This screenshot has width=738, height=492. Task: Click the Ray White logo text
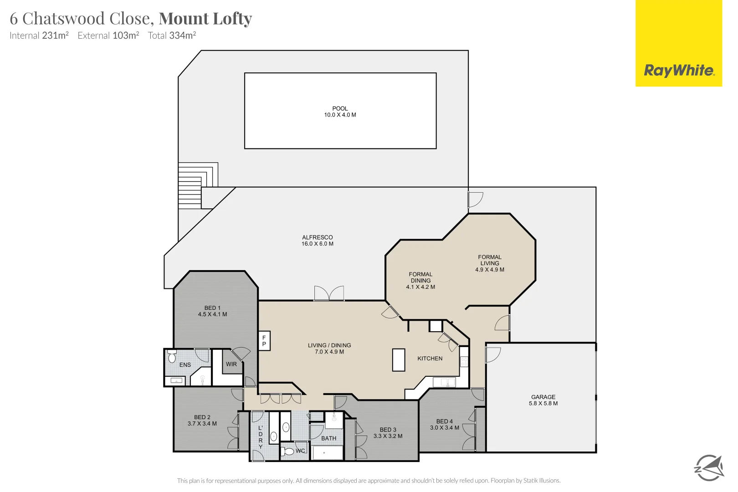tap(679, 71)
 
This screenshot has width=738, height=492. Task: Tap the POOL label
tap(340, 108)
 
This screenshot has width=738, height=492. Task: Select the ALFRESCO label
tap(318, 237)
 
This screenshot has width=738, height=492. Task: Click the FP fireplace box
tap(264, 341)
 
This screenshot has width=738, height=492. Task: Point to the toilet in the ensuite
tap(172, 356)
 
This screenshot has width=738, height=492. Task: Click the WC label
tap(300, 451)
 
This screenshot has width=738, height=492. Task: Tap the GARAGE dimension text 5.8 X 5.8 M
tap(543, 404)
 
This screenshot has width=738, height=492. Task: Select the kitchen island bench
tap(399, 360)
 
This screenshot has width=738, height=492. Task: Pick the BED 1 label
tap(212, 308)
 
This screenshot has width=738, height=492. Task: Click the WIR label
tap(231, 364)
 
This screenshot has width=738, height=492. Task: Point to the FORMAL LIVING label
tap(490, 260)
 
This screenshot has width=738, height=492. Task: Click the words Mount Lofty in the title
tap(205, 19)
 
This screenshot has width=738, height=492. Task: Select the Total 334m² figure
tap(172, 36)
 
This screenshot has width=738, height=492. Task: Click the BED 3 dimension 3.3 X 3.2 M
tap(388, 436)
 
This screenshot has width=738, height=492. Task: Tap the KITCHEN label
tap(430, 359)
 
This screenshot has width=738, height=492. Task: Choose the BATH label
tap(329, 439)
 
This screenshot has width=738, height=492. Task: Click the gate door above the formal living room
tap(475, 199)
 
